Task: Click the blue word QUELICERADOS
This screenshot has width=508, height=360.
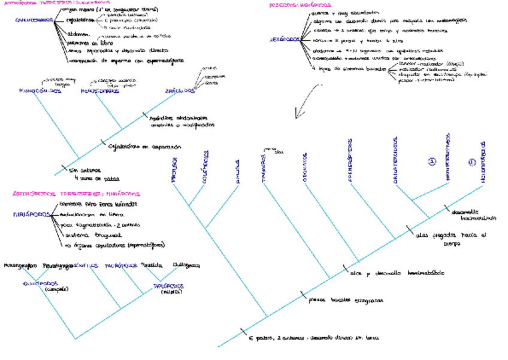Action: tap(35, 20)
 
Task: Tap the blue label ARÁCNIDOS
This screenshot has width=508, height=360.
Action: tap(180, 91)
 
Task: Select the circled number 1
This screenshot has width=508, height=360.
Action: tap(431, 161)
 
